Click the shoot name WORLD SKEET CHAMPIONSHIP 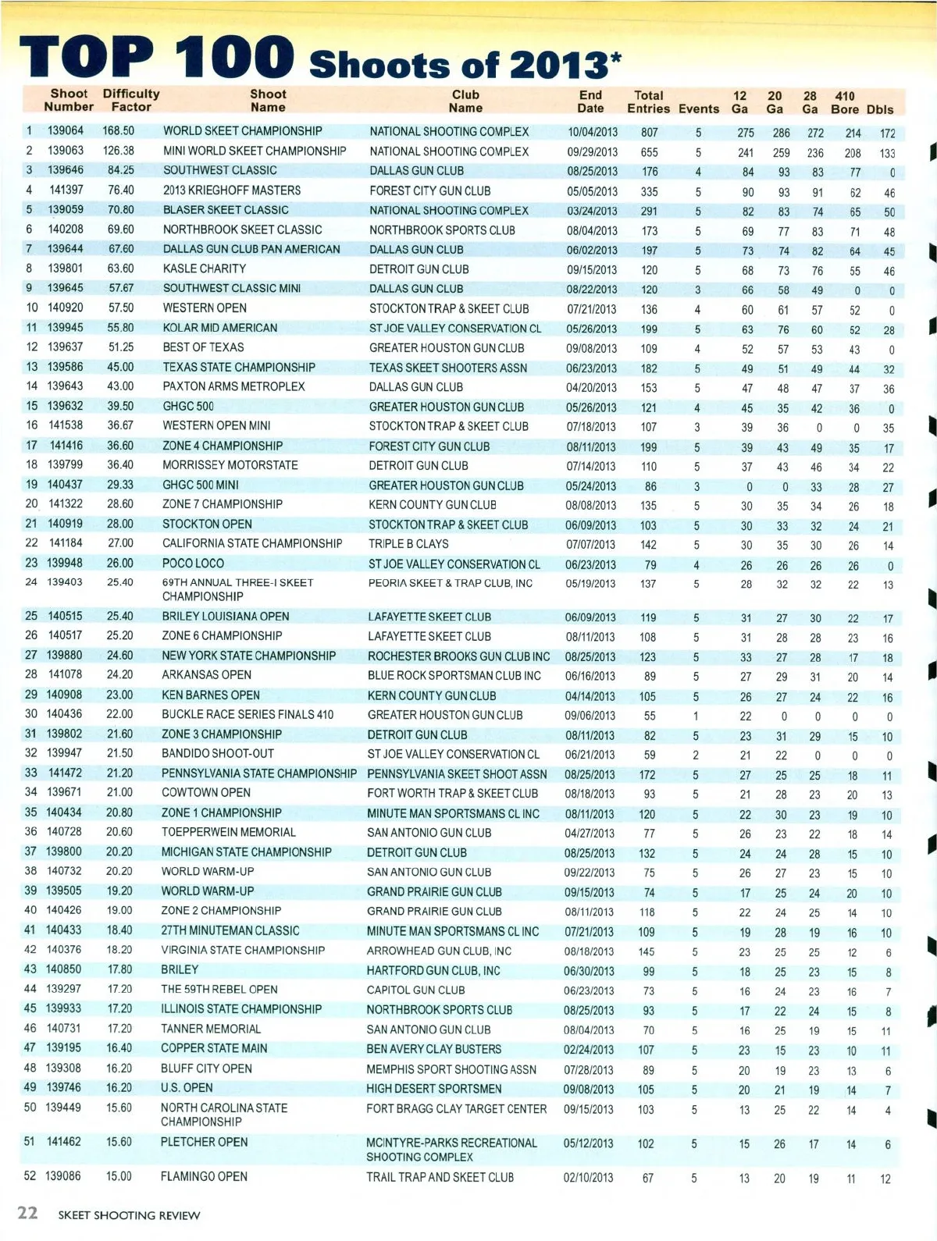click(242, 131)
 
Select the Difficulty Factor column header click(130, 101)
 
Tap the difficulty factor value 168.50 click(118, 131)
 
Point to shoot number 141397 click(66, 190)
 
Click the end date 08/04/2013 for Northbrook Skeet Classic click(591, 230)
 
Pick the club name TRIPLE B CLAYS click(408, 544)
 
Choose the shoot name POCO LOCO click(193, 564)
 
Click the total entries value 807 click(649, 133)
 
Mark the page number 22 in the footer click(27, 1212)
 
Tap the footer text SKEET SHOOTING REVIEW click(129, 1215)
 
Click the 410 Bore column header click(845, 102)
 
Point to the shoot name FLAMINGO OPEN click(204, 1177)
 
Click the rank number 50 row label click(30, 1108)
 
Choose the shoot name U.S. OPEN click(187, 1088)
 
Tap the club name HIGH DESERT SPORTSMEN click(434, 1089)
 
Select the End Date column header click(590, 101)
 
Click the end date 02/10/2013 click(588, 1178)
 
